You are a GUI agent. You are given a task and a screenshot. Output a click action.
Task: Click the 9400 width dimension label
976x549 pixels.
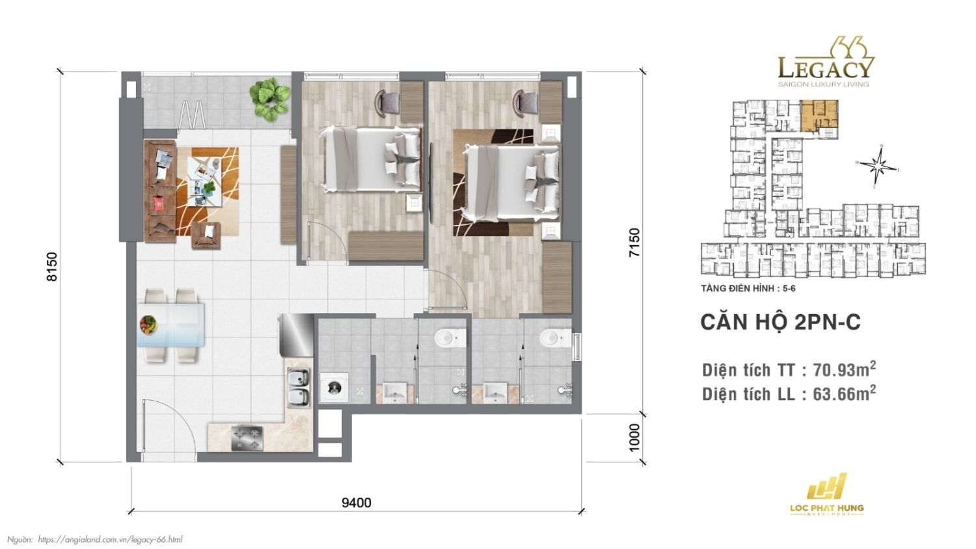click(x=356, y=502)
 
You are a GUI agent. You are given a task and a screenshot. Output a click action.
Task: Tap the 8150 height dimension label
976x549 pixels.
click(x=52, y=267)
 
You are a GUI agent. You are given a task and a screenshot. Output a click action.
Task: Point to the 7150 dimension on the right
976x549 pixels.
click(x=634, y=242)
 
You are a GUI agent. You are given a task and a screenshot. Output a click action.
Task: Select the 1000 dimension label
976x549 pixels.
click(x=634, y=438)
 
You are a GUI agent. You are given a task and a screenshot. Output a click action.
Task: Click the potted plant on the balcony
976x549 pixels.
click(x=269, y=98)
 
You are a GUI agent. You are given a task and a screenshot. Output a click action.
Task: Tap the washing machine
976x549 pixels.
click(x=334, y=388)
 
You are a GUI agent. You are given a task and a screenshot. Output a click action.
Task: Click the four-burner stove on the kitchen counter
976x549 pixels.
click(x=247, y=438)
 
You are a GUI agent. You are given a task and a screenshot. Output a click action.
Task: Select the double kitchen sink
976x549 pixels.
click(x=299, y=387)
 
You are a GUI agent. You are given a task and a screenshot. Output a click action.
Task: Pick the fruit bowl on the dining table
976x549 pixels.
click(x=149, y=323)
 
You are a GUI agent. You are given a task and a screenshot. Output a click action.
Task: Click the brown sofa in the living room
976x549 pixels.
click(x=160, y=191)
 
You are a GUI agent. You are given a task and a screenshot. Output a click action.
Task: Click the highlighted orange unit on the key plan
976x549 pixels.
click(x=819, y=116)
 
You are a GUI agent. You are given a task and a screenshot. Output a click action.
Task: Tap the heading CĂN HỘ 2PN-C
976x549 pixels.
click(x=780, y=322)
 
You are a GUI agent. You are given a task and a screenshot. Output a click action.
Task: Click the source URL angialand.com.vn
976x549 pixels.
click(x=110, y=539)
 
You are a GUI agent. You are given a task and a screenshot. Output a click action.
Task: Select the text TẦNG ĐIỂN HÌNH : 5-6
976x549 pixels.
click(x=748, y=288)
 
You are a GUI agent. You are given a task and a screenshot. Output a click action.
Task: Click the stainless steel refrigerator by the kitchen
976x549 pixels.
click(x=296, y=336)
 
